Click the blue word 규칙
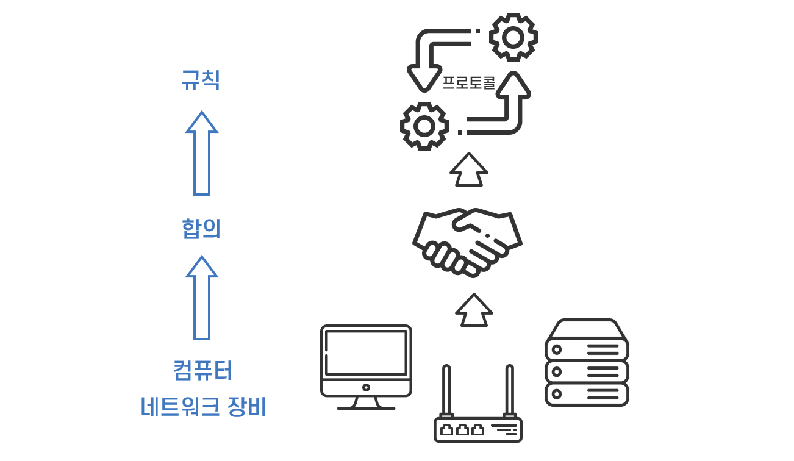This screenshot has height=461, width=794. pos(201,80)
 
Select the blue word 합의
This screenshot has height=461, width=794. pos(201,229)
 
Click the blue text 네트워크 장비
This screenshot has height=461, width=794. pos(203,407)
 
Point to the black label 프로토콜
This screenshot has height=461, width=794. pos(468,82)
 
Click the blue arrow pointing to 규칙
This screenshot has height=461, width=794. pos(202,154)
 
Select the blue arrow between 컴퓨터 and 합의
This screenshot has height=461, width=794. pos(202,298)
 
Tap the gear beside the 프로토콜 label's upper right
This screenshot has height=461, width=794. pos(513,37)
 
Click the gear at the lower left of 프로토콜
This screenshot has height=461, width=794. pos(424,126)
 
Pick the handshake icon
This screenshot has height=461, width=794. pos(467,241)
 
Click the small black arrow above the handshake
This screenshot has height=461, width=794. pos(469,170)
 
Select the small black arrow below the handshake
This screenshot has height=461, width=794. pos(474,310)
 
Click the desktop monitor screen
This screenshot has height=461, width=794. pos(366,352)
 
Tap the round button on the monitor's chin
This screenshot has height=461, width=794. pos(366,387)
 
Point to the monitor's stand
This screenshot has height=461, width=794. pos(366,403)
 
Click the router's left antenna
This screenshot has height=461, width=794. pos(446,390)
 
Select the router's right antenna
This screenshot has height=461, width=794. pos(509,390)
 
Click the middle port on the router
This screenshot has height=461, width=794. pos(462,430)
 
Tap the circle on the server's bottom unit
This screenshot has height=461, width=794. pos(556,394)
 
